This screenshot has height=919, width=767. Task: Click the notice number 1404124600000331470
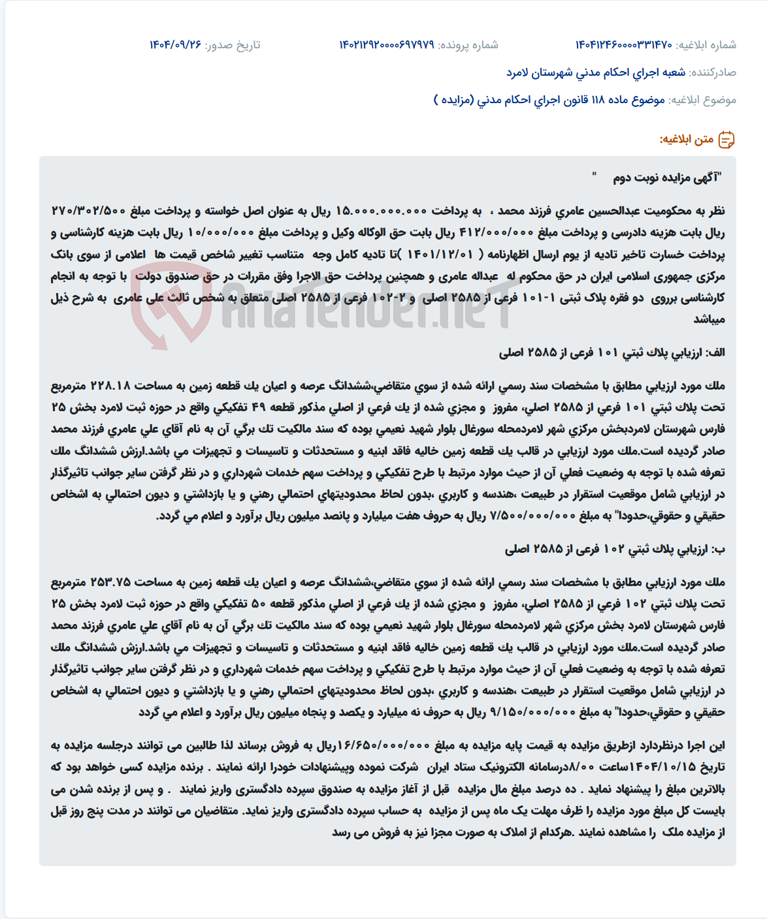point(623,45)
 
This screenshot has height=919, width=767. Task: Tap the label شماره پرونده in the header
point(468,45)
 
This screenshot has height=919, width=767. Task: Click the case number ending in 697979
point(386,45)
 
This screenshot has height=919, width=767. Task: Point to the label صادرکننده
point(713,72)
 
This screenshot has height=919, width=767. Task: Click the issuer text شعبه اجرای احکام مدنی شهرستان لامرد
point(596,72)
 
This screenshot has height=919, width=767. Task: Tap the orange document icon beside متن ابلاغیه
point(726,140)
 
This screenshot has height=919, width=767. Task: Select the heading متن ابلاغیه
point(686,140)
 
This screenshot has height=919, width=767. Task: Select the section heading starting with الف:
point(612,353)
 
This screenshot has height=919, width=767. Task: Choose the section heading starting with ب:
point(614,550)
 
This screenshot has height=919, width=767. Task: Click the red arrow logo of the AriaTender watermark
point(172,305)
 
